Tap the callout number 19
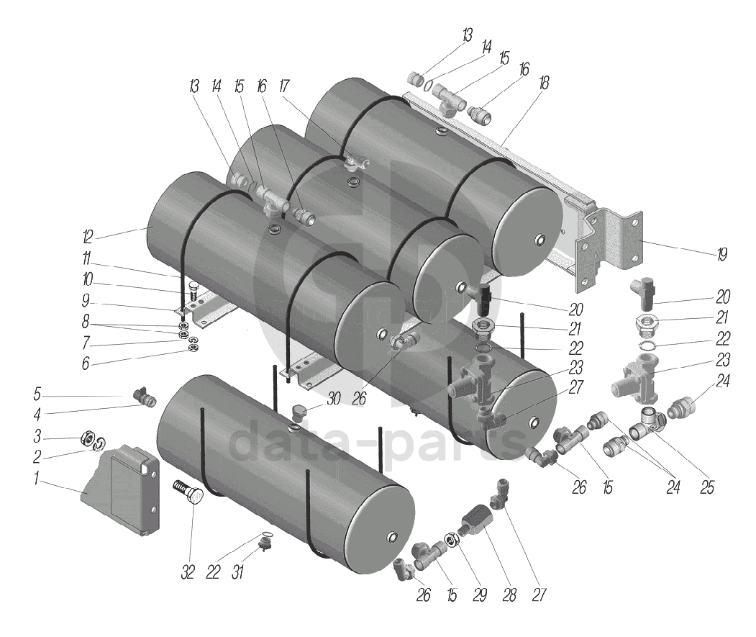coord(721,254)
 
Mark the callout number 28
coord(509,596)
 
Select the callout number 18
coord(543,83)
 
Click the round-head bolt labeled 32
coord(188,497)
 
